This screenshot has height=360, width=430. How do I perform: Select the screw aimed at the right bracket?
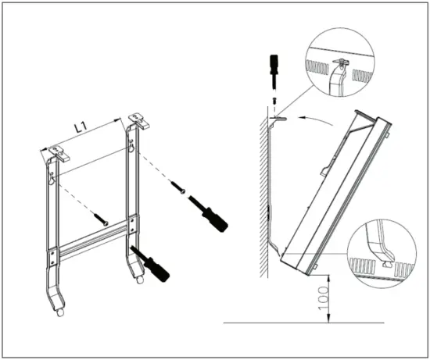[x=178, y=187]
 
